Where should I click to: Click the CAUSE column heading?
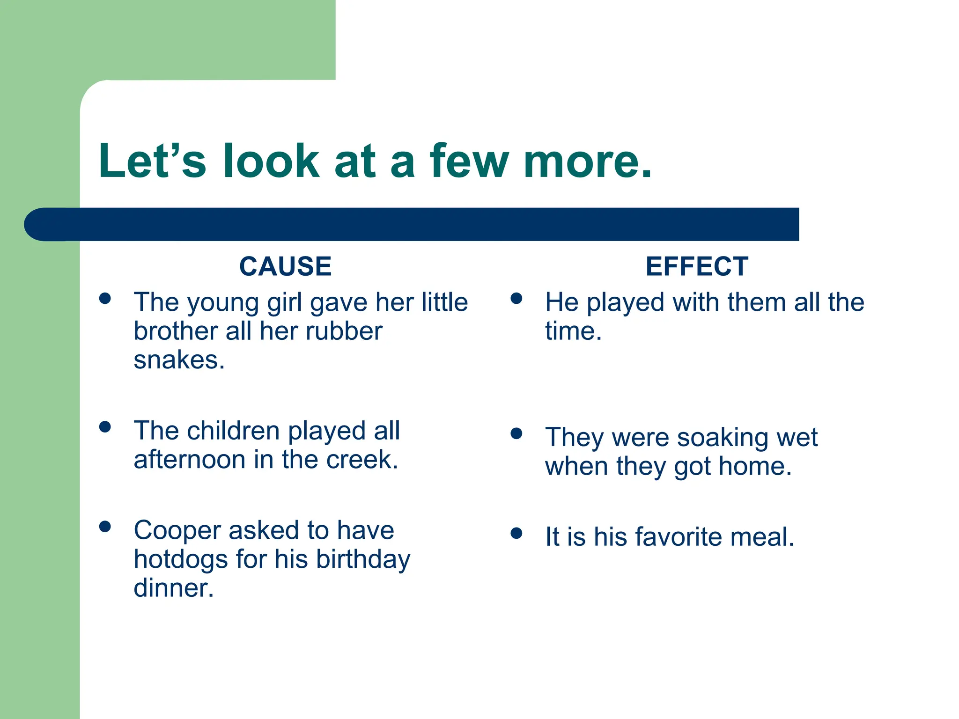click(285, 266)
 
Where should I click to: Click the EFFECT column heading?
click(697, 266)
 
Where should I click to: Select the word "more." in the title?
click(588, 161)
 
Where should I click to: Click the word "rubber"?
click(344, 331)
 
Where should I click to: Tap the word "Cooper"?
click(177, 530)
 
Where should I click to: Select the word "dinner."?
click(174, 588)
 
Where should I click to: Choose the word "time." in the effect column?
click(573, 331)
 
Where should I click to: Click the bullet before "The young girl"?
click(105, 299)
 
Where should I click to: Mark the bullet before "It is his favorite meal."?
click(516, 533)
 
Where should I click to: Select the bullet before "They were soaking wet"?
click(516, 434)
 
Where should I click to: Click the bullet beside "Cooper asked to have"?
click(105, 527)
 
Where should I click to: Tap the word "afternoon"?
click(190, 460)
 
